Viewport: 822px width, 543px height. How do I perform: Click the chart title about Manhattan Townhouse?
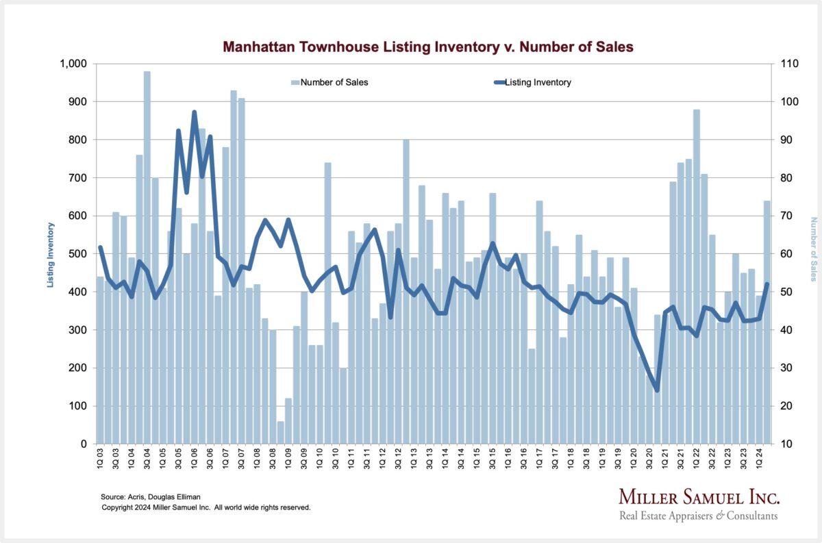coord(428,47)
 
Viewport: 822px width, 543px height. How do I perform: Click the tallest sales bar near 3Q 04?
coord(147,260)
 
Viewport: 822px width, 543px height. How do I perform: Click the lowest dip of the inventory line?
coord(657,390)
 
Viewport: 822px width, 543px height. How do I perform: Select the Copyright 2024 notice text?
coord(206,507)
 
